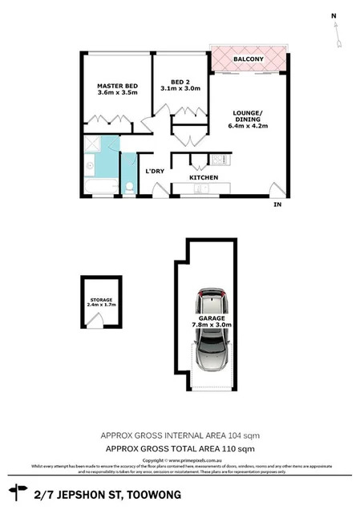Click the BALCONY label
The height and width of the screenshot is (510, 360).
pyautogui.click(x=249, y=59)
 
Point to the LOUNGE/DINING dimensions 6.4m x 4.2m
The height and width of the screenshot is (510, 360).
pyautogui.click(x=248, y=125)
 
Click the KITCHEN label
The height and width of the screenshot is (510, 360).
pyautogui.click(x=204, y=177)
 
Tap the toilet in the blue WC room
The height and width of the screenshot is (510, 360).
pyautogui.click(x=128, y=188)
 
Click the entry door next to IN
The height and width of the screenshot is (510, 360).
pyautogui.click(x=277, y=191)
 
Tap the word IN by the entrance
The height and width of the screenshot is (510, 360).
pyautogui.click(x=278, y=206)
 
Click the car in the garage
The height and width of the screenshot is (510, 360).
pyautogui.click(x=212, y=330)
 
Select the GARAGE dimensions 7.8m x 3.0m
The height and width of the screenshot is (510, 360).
pyautogui.click(x=212, y=325)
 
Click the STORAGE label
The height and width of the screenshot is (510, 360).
pyautogui.click(x=100, y=300)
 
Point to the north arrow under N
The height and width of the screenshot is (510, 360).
pyautogui.click(x=338, y=32)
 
